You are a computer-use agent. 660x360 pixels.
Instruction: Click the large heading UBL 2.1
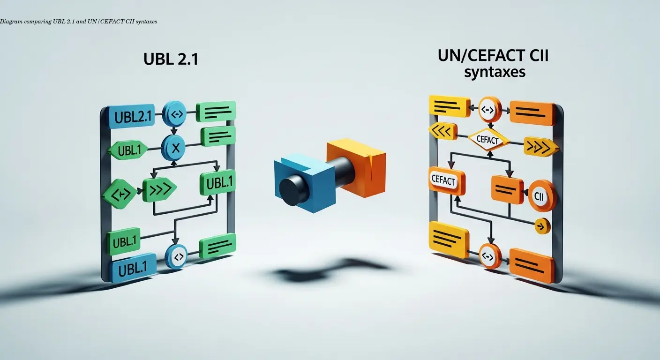(171, 60)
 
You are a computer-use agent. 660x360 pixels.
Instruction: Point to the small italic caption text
(78, 22)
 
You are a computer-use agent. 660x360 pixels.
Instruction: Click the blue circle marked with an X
(174, 149)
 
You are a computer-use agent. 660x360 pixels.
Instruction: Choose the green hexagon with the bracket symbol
(120, 193)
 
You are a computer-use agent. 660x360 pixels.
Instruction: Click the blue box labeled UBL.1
(132, 270)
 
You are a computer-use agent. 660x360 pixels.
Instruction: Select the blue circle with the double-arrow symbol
(174, 113)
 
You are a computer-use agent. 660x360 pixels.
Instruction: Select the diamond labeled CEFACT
(489, 139)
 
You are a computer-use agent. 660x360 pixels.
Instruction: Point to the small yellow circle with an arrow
(542, 226)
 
